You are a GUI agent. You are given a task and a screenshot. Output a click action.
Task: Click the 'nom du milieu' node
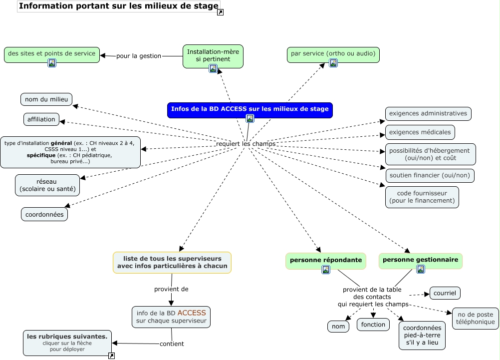pyautogui.click(x=46, y=99)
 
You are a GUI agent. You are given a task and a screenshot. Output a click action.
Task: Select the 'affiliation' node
pyautogui.click(x=41, y=119)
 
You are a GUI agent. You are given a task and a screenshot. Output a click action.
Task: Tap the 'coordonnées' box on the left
pyautogui.click(x=44, y=214)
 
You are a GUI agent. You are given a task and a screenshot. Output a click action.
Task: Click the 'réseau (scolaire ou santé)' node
pyautogui.click(x=47, y=185)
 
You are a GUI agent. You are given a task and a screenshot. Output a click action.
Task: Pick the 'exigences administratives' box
pyautogui.click(x=428, y=113)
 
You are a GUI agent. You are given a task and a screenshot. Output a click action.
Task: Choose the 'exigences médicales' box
pyautogui.click(x=420, y=132)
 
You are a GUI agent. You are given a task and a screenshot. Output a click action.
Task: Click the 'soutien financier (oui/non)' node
pyautogui.click(x=430, y=175)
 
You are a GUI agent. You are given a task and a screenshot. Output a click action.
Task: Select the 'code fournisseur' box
pyautogui.click(x=422, y=197)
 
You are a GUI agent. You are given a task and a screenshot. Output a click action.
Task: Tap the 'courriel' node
pyautogui.click(x=445, y=293)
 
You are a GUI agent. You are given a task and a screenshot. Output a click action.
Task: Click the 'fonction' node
pyautogui.click(x=373, y=325)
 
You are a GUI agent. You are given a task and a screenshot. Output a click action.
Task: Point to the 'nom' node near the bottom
pyautogui.click(x=338, y=327)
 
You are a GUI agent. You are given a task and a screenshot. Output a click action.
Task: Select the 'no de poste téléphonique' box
pyautogui.click(x=476, y=318)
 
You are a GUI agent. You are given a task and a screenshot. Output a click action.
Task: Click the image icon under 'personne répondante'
pyautogui.click(x=326, y=270)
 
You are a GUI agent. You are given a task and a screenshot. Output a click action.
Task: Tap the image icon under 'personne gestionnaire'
pyautogui.click(x=421, y=269)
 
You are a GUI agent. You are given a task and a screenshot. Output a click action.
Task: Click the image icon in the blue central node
pyautogui.click(x=250, y=118)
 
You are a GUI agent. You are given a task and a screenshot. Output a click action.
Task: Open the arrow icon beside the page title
pyautogui.click(x=221, y=12)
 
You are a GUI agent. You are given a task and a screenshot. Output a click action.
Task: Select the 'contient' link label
pyautogui.click(x=172, y=344)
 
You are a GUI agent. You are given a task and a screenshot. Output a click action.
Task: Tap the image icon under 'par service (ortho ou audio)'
pyautogui.click(x=333, y=63)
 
